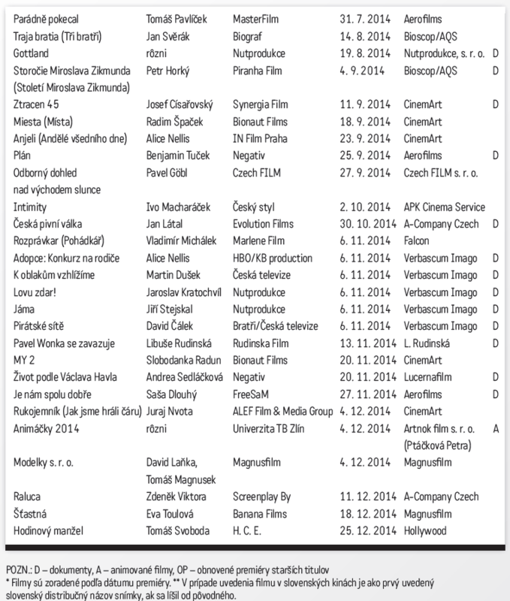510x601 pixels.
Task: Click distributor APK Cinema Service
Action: [x=445, y=206]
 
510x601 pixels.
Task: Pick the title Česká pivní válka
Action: [x=54, y=224]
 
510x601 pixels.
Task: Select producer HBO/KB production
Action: [x=273, y=258]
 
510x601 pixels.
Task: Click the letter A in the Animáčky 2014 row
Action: [x=496, y=429]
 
